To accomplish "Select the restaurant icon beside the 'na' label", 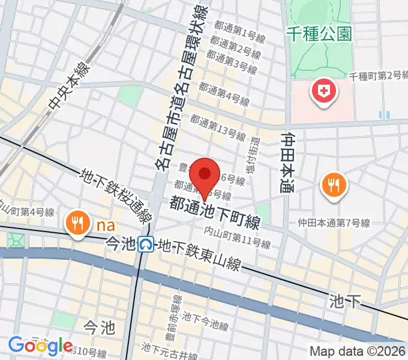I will point(77,223).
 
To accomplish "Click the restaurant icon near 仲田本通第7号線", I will point(332,184).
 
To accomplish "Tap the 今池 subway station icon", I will point(145,244).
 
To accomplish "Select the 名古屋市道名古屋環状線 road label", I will point(181,90).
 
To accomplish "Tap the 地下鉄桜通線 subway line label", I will point(118,193).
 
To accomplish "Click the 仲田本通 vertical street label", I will point(287,158).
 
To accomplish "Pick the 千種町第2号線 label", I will point(378,76).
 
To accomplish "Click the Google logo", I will point(40,346).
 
